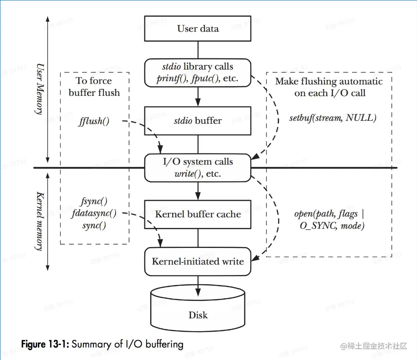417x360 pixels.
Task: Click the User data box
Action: tap(198, 29)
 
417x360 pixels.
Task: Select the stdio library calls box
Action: tap(198, 73)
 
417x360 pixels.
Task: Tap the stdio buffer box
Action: tap(198, 121)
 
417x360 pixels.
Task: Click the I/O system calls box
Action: tap(198, 168)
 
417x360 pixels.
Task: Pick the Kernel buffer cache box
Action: tap(198, 215)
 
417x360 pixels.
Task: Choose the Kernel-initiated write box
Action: tap(198, 262)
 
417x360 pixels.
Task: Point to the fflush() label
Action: tap(93, 122)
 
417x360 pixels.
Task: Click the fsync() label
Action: tap(94, 202)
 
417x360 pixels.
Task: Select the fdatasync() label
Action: tap(94, 214)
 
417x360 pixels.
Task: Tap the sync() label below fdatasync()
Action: tap(94, 226)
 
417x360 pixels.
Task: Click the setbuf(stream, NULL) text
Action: tap(333, 118)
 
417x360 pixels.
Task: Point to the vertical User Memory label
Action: tap(40, 90)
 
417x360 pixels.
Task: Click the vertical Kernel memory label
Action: tap(40, 221)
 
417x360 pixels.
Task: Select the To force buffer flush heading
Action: tap(94, 86)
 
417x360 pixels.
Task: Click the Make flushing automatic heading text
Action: tap(329, 82)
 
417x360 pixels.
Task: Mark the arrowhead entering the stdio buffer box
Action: tap(198, 102)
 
